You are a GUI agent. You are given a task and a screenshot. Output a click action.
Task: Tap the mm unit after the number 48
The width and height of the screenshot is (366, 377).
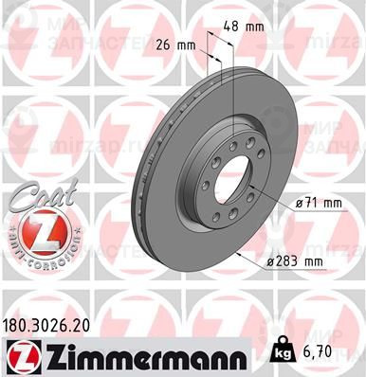click(255, 27)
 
